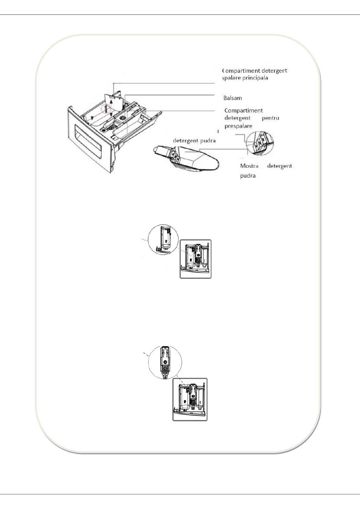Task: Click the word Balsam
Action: pos(233,98)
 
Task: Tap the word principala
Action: pos(256,78)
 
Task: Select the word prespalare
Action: pos(238,126)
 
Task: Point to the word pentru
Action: pos(271,118)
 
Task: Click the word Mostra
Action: pos(249,166)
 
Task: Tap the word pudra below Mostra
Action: pos(248,176)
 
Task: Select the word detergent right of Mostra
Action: pos(280,166)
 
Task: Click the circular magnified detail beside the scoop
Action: pos(259,144)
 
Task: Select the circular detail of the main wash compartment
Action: pos(163,239)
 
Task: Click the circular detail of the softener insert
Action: pos(165,362)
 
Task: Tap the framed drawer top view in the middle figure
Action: pos(195,259)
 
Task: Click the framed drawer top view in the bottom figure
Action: pos(190,399)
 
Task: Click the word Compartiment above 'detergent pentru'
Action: pos(244,111)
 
